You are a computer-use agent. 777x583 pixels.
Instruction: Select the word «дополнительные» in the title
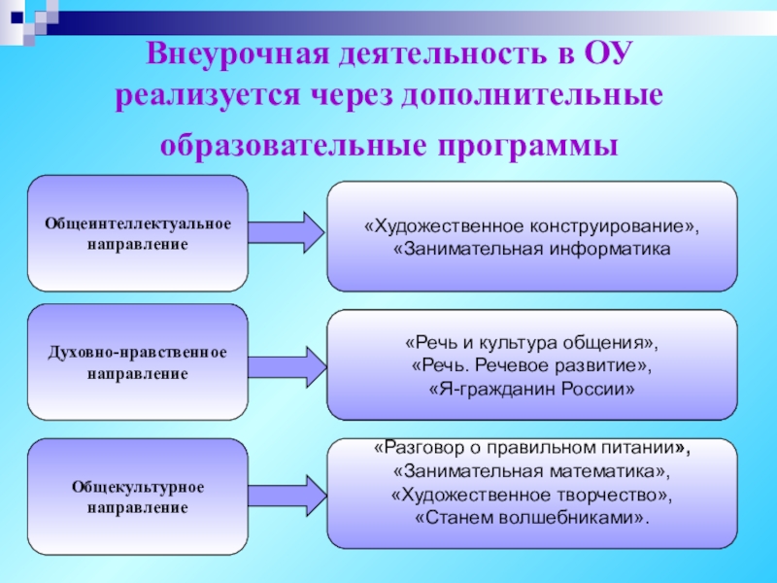click(x=547, y=99)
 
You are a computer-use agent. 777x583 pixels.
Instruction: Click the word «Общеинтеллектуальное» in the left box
click(x=138, y=223)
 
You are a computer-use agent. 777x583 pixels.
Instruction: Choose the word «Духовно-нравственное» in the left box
click(x=138, y=352)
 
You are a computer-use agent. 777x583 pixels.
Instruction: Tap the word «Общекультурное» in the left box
click(x=138, y=487)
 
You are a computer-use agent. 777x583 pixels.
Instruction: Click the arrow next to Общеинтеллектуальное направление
click(x=287, y=233)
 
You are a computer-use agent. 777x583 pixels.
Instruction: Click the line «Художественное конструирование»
click(x=531, y=227)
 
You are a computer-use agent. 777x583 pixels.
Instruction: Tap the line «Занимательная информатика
click(x=531, y=250)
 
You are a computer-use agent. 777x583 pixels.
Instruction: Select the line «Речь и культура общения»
click(x=531, y=344)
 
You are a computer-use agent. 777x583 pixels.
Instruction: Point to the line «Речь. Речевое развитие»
click(x=531, y=366)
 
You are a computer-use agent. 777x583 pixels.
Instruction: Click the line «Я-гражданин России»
click(x=531, y=389)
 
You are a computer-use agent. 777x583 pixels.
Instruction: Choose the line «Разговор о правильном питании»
click(x=531, y=450)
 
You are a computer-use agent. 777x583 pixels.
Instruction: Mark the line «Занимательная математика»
click(x=531, y=472)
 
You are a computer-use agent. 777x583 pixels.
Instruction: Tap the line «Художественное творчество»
click(x=531, y=495)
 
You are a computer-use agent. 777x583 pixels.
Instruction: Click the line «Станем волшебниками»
click(x=531, y=517)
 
